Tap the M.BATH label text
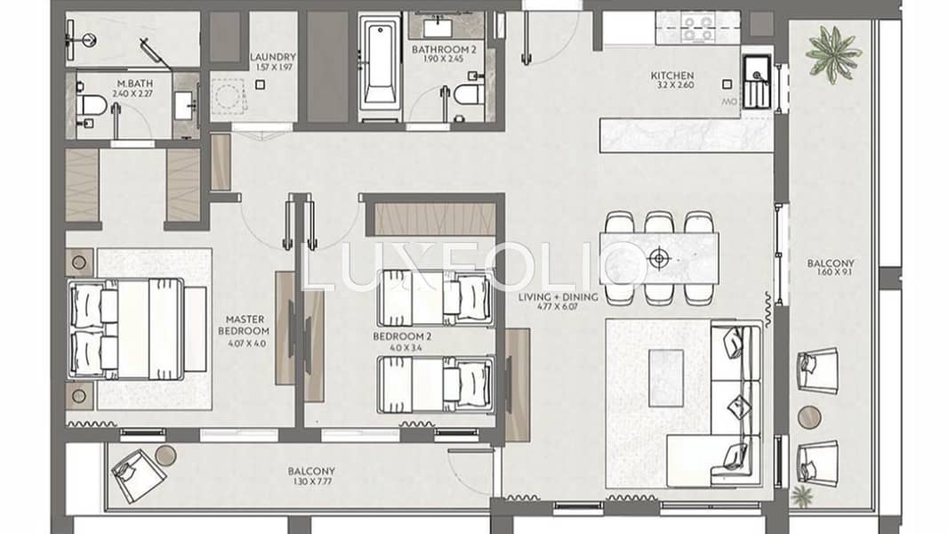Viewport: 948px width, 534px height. pos(135,84)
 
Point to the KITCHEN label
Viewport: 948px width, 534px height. pos(671,76)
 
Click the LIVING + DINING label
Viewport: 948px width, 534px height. pos(558,297)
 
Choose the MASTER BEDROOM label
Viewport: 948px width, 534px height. pos(244,326)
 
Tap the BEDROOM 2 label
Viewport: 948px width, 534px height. pos(402,336)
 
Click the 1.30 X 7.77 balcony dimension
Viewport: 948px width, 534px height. pos(311,482)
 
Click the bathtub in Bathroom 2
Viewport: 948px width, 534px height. pos(379,69)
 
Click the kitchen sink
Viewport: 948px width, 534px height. pos(756,81)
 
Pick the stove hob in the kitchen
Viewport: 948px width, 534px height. pos(698,28)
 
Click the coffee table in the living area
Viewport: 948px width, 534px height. pos(666,378)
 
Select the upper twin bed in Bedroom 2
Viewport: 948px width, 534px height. pos(435,298)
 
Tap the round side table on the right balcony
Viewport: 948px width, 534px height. pos(809,417)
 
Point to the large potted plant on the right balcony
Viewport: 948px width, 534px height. pos(835,52)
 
